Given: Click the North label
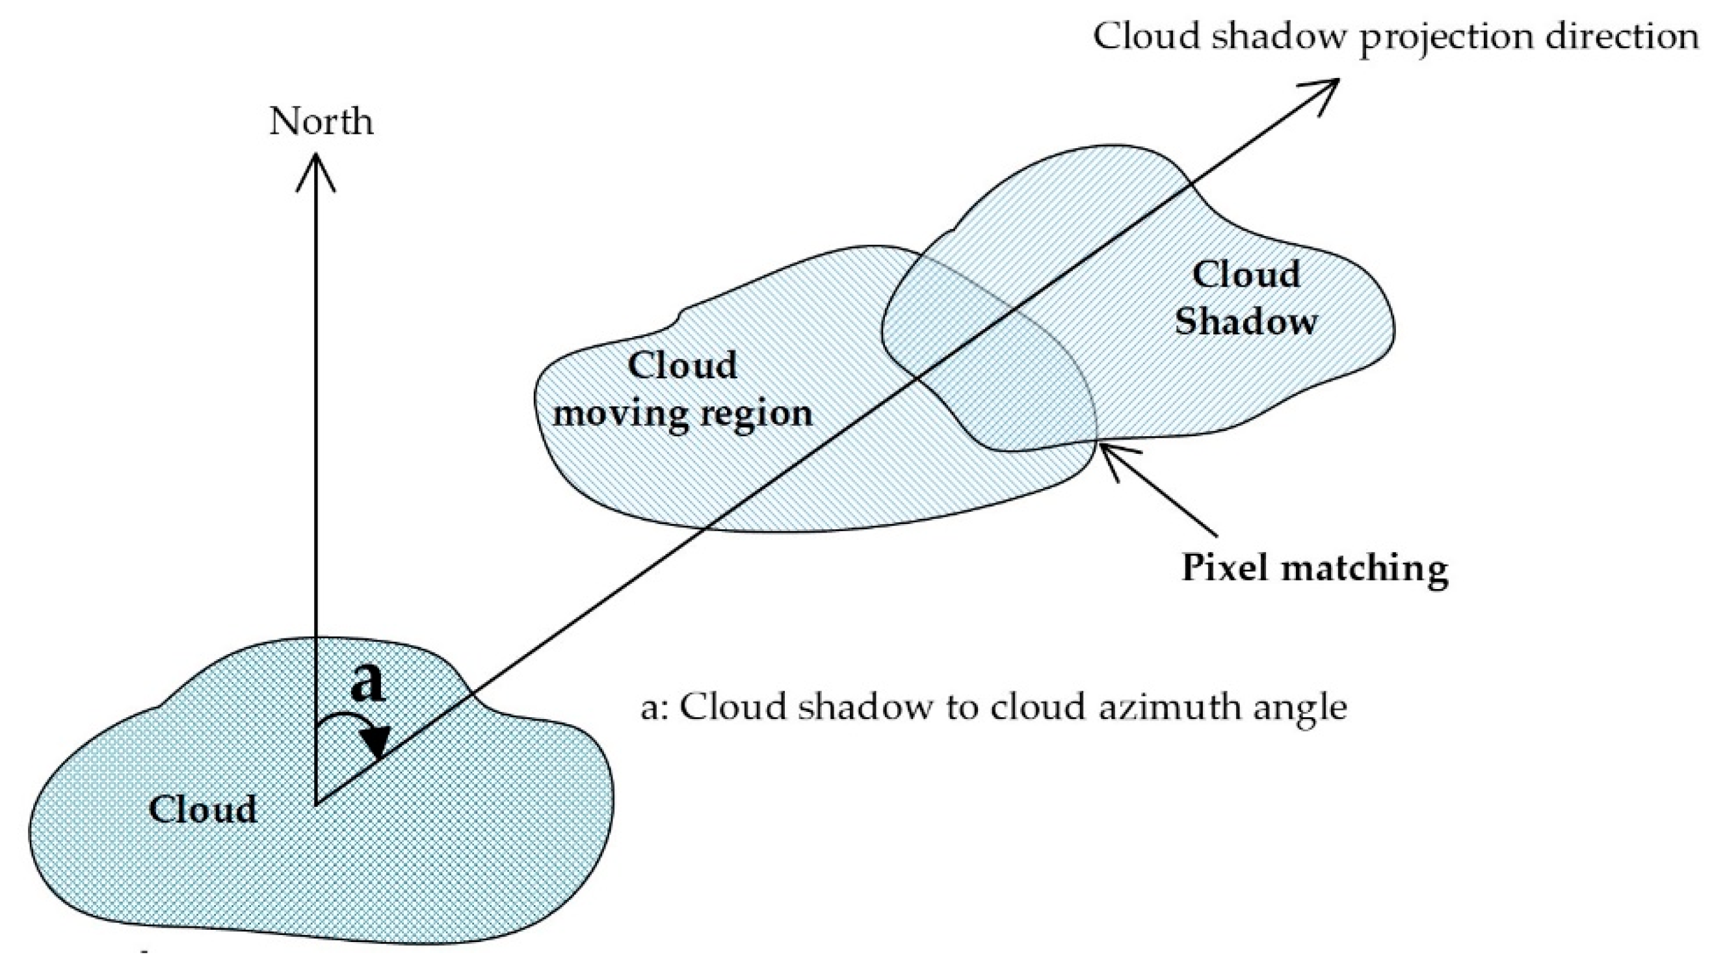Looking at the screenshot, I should click(x=321, y=122).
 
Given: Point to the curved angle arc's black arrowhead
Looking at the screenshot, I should click(x=377, y=744).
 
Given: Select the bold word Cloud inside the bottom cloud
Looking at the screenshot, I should click(x=202, y=809).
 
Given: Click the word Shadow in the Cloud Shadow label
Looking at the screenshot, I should click(x=1245, y=321).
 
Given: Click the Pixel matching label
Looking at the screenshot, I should click(x=1314, y=568).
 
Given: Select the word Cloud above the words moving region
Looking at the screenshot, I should click(x=682, y=365).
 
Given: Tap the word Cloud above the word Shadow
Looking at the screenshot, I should click(x=1245, y=274).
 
